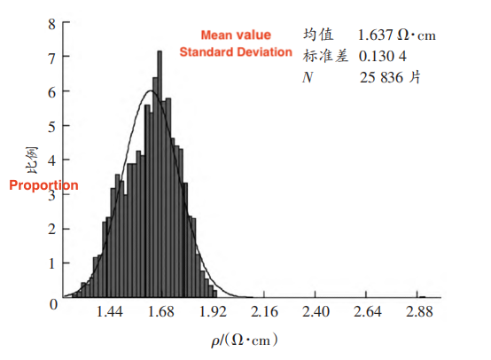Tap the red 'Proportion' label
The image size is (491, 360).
click(43, 185)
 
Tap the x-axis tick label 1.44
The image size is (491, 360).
click(110, 312)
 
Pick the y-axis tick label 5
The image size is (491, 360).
click(52, 126)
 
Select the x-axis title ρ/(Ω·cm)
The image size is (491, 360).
click(244, 339)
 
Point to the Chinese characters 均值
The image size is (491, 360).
click(317, 35)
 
